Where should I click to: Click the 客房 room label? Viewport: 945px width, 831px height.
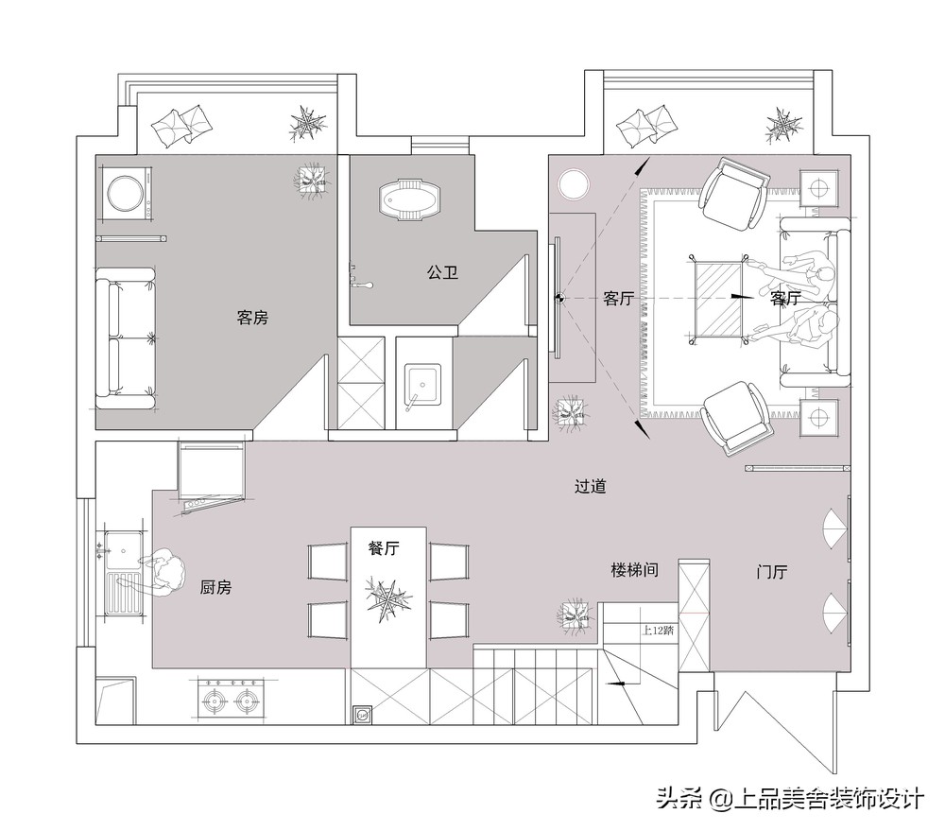click(x=252, y=318)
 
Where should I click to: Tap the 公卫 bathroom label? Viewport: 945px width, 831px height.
click(x=442, y=272)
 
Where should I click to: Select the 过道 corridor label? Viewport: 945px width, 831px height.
click(x=590, y=487)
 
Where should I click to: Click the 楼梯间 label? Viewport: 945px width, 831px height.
click(x=634, y=570)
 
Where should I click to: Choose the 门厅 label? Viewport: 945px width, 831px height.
click(x=772, y=572)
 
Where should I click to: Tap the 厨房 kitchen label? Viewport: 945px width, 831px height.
click(x=215, y=587)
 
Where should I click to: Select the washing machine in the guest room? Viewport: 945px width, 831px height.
click(x=126, y=195)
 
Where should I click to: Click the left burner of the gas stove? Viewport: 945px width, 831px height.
click(x=214, y=701)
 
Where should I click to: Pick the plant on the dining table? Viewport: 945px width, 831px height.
click(x=387, y=599)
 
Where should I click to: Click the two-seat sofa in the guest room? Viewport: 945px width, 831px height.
click(x=126, y=338)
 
